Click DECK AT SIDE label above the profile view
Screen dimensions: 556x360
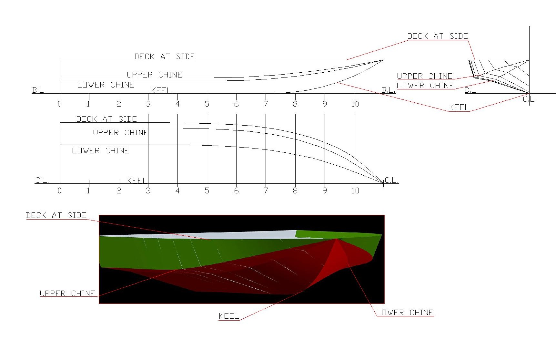point(165,57)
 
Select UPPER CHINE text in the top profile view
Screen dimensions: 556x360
point(154,75)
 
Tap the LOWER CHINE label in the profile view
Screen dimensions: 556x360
point(106,85)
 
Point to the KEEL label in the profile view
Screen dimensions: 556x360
point(161,90)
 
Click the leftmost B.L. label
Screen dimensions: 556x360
point(39,90)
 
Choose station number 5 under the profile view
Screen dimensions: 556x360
point(207,104)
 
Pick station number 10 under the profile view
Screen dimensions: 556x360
point(355,104)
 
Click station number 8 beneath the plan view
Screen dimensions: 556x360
point(295,190)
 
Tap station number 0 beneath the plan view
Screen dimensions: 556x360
point(59,190)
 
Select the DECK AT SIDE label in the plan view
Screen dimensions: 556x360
point(106,119)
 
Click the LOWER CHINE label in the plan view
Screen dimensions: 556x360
point(100,151)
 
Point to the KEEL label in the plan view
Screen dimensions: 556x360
point(137,180)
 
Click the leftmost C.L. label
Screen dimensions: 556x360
point(42,180)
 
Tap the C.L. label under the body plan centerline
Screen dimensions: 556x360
point(529,99)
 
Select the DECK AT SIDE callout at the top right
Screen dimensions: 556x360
point(438,36)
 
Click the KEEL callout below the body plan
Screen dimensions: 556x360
point(459,108)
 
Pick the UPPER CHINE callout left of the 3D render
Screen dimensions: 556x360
point(67,293)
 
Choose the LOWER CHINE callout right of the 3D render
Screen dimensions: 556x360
point(405,312)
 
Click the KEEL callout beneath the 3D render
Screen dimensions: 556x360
point(229,316)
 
